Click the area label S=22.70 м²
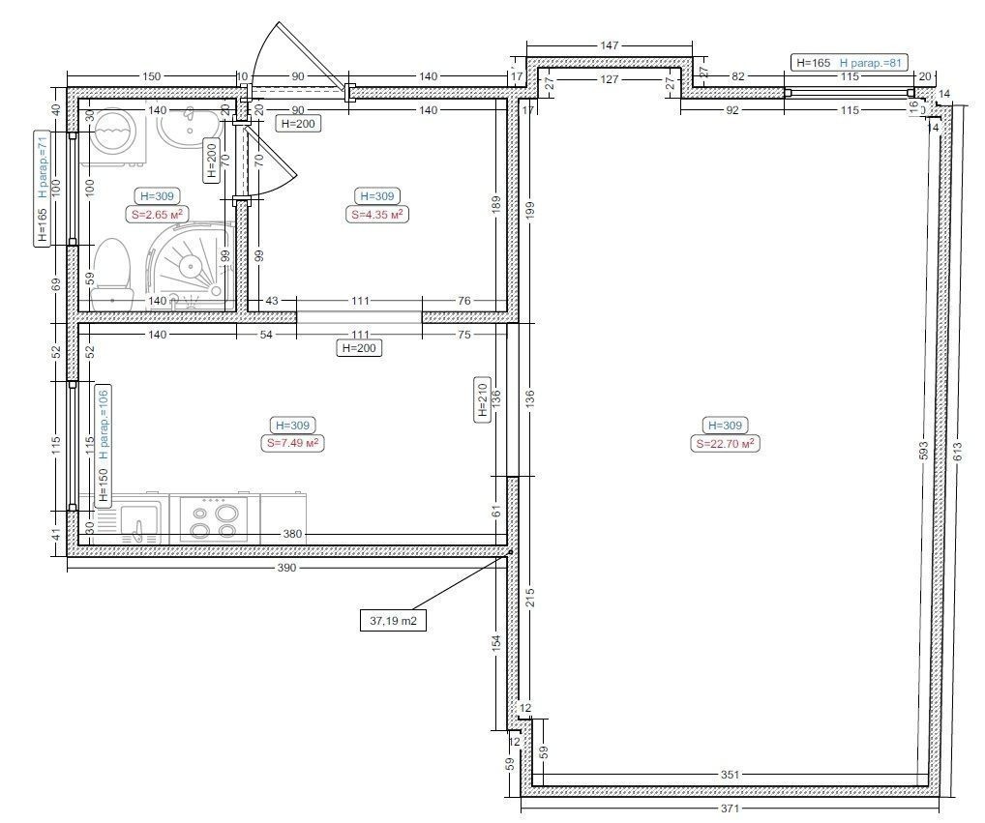click(725, 444)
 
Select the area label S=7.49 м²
click(292, 443)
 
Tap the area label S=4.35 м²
click(376, 214)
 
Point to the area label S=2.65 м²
click(157, 214)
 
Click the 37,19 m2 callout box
click(393, 621)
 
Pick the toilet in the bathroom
click(112, 275)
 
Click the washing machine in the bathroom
click(118, 135)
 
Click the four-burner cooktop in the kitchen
click(214, 519)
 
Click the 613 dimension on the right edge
click(957, 452)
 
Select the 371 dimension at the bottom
click(730, 808)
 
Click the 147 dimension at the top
click(610, 45)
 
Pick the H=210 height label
click(483, 400)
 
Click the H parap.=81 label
click(870, 63)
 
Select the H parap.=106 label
click(104, 425)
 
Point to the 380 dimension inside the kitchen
click(292, 534)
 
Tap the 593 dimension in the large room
click(923, 452)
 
